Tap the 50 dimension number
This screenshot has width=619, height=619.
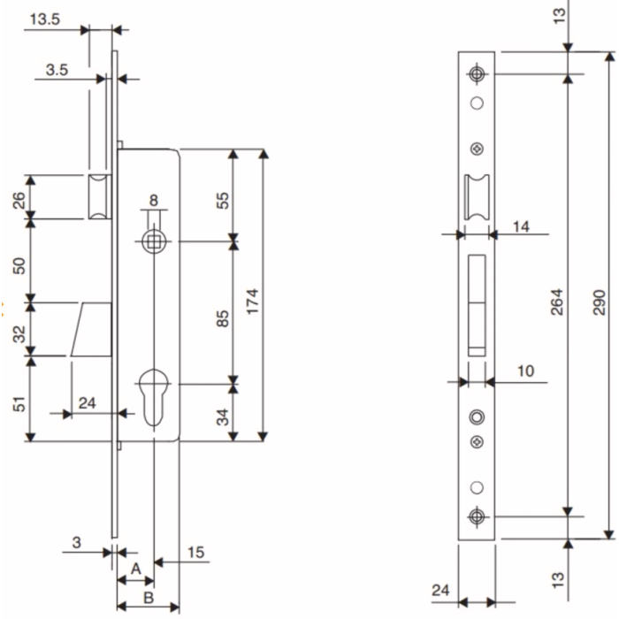point(18,262)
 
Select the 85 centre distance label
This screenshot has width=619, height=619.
point(223,315)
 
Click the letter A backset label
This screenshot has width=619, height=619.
point(135,569)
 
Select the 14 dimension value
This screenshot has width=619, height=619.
point(520,227)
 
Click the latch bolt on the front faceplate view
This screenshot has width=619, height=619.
point(476,195)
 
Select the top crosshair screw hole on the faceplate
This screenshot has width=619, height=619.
point(478,73)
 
